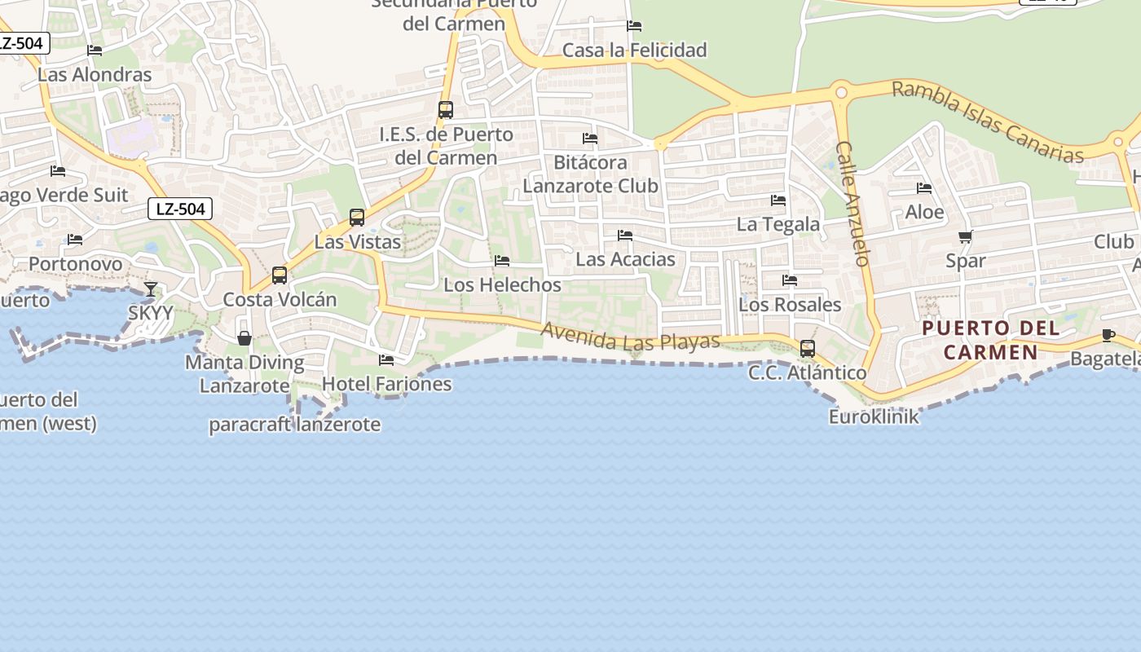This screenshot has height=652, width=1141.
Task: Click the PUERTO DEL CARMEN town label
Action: coord(991,340)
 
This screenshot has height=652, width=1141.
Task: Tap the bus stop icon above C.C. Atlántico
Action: coord(807,349)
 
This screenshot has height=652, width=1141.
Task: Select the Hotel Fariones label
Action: coord(386,383)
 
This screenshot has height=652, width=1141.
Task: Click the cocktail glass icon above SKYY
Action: coord(151,289)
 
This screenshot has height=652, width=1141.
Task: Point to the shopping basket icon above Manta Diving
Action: coord(244,337)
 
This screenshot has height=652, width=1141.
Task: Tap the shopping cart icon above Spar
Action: coord(965,237)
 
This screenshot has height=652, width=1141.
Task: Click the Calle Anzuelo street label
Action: coord(852,204)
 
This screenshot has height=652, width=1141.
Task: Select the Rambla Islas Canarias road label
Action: coord(987,121)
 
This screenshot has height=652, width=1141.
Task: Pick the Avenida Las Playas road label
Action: coord(630,336)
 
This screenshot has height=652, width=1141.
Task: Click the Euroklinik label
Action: coord(874,416)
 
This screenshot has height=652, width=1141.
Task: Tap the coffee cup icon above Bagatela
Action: coord(1108,334)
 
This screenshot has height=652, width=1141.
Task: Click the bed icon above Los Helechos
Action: coord(502,261)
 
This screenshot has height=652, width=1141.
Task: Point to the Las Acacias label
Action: coord(625,259)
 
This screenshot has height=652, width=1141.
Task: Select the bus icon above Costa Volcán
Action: coord(280,275)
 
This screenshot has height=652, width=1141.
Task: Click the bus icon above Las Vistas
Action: coord(357,218)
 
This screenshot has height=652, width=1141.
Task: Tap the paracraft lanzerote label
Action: coord(294,424)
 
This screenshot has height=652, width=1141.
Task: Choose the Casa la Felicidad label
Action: coord(634,50)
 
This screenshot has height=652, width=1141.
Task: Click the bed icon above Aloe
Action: coord(924,188)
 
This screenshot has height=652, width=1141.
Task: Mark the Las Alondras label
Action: coord(95,74)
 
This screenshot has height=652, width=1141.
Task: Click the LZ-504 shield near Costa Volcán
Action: coord(180,209)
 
